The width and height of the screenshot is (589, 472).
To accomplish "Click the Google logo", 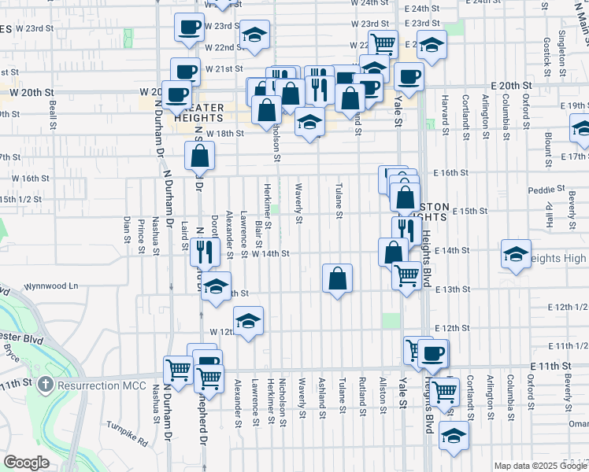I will (x=26, y=463).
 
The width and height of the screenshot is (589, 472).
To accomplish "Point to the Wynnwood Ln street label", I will (x=52, y=286).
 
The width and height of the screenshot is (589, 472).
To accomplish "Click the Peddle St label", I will (x=542, y=190).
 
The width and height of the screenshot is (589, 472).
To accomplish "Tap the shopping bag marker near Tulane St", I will (x=337, y=279).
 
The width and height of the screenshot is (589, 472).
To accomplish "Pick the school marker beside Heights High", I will (x=516, y=254).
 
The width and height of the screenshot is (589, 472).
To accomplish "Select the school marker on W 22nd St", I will (x=254, y=35).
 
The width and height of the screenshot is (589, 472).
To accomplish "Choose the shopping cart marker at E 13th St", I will (x=406, y=276).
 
